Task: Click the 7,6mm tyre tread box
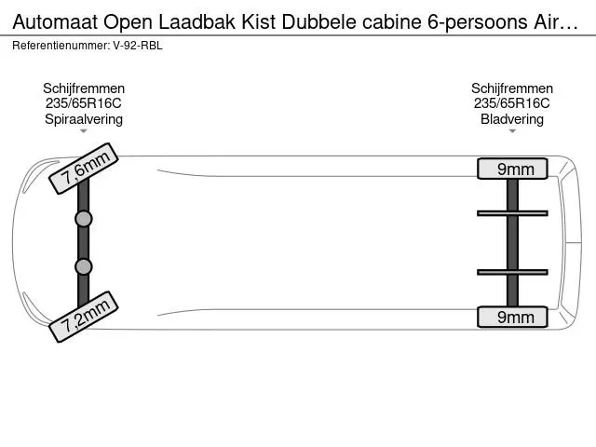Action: click(84, 169)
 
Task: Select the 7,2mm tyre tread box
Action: click(84, 317)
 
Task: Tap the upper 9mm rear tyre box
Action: click(512, 169)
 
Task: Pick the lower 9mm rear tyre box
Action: click(512, 317)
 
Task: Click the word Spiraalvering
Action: click(84, 119)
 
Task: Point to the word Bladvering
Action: click(512, 119)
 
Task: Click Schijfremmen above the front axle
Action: click(84, 88)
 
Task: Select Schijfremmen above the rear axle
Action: click(512, 88)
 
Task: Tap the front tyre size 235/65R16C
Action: click(84, 103)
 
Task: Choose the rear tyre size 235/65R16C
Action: click(512, 103)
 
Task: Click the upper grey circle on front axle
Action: click(84, 219)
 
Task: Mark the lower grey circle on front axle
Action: click(84, 267)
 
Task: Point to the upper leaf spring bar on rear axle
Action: click(512, 213)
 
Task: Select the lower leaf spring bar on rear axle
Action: click(512, 272)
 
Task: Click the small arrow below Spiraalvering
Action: click(84, 131)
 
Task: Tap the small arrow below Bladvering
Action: click(512, 131)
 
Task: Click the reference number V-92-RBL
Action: click(138, 46)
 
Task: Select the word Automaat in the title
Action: click(55, 22)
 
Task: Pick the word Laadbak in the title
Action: click(196, 22)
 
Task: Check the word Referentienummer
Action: click(61, 46)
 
